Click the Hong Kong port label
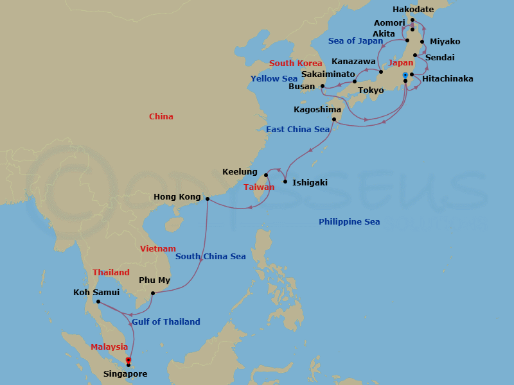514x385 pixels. pyautogui.click(x=177, y=197)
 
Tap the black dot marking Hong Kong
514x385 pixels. pyautogui.click(x=207, y=199)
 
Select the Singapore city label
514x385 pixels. pyautogui.click(x=125, y=374)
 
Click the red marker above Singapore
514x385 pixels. pyautogui.click(x=128, y=360)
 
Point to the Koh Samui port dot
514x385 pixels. pyautogui.click(x=98, y=302)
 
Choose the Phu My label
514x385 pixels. pyautogui.click(x=155, y=280)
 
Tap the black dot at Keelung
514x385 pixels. pyautogui.click(x=265, y=175)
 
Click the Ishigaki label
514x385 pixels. pyautogui.click(x=310, y=183)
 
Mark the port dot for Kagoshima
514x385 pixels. pyautogui.click(x=334, y=119)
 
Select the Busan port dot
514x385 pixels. pyautogui.click(x=323, y=86)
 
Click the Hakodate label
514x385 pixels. pyautogui.click(x=413, y=10)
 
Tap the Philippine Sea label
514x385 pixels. pyautogui.click(x=349, y=222)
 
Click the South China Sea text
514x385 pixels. pyautogui.click(x=211, y=257)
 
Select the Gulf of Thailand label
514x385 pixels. pyautogui.click(x=166, y=322)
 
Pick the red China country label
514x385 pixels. pyautogui.click(x=161, y=117)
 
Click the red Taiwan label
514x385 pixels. pyautogui.click(x=259, y=187)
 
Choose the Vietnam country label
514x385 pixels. pyautogui.click(x=158, y=249)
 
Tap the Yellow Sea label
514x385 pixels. pyautogui.click(x=274, y=79)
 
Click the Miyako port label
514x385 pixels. pyautogui.click(x=445, y=42)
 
